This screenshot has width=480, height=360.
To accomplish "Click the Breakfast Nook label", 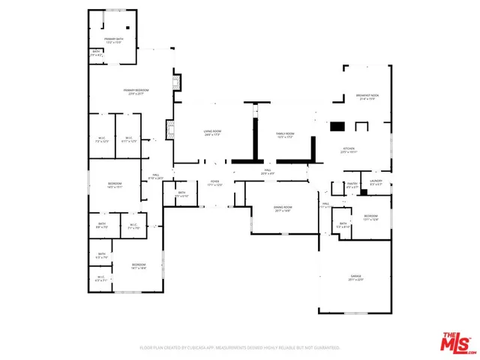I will [367, 96].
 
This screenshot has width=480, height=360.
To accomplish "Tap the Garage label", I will [355, 277].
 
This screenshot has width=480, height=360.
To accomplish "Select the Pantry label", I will [351, 184].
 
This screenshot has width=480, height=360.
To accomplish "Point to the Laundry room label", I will [376, 182].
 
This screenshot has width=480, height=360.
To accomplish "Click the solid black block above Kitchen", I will [337, 127].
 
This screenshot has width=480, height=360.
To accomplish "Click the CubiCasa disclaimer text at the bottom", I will [240, 348].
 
